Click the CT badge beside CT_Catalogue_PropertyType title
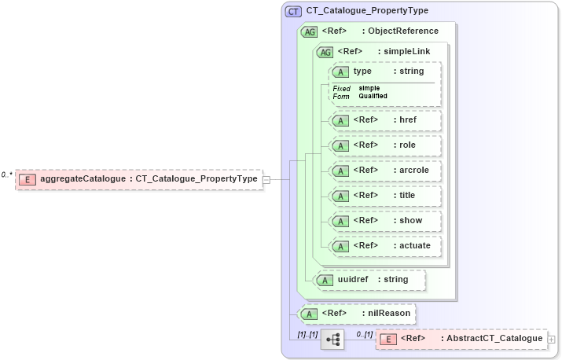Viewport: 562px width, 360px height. [x=293, y=11]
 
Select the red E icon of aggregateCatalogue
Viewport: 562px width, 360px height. [x=28, y=179]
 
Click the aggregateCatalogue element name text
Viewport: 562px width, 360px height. [x=82, y=179]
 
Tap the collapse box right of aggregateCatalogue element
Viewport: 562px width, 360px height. [x=266, y=179]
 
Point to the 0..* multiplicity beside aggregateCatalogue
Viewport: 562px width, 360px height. [x=7, y=174]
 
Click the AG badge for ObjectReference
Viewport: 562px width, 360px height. [x=310, y=31]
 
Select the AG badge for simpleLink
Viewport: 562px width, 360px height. [x=324, y=52]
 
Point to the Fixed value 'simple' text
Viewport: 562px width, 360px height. [x=369, y=88]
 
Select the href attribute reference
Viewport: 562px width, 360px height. [x=385, y=120]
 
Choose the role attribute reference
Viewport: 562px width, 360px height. [x=385, y=145]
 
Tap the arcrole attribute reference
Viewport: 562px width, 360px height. [x=385, y=171]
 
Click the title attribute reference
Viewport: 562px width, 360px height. [x=385, y=196]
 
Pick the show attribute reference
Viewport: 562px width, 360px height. [x=385, y=221]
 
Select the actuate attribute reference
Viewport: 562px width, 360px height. [x=385, y=246]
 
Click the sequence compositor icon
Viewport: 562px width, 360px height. [x=332, y=340]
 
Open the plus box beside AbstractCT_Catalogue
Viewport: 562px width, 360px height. [x=551, y=340]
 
